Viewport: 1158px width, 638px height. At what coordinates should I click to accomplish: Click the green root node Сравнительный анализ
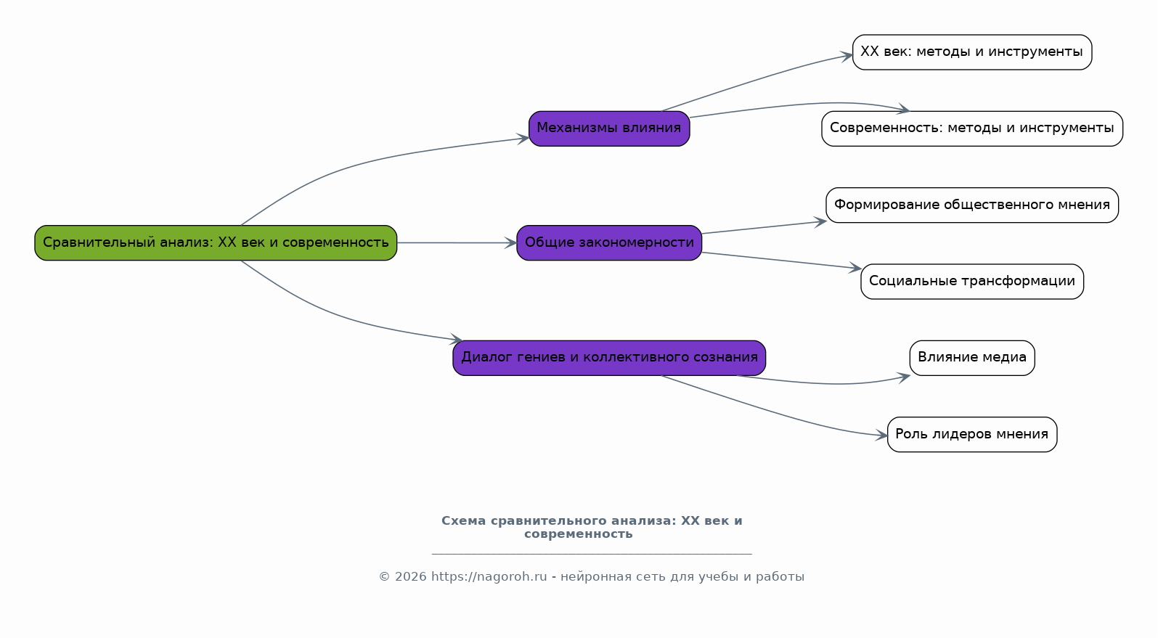tap(216, 242)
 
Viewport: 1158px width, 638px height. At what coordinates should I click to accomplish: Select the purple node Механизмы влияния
tap(609, 128)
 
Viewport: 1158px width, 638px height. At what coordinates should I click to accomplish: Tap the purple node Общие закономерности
tap(609, 242)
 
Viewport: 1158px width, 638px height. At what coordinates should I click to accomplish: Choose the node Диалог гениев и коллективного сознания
tap(609, 358)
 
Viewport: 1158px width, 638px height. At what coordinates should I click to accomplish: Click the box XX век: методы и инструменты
tap(972, 52)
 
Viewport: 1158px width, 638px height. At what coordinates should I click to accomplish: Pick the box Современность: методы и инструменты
tap(972, 128)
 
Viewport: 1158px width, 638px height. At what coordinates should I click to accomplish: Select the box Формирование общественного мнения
tap(972, 205)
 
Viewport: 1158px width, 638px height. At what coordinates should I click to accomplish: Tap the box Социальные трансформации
tap(972, 282)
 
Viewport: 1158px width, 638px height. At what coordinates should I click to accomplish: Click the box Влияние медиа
tap(972, 358)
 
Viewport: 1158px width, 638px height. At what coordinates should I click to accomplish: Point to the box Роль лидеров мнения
tap(972, 434)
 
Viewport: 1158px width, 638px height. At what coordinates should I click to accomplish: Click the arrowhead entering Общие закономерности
tap(511, 242)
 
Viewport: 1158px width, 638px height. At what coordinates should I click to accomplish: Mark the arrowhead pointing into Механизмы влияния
tap(523, 138)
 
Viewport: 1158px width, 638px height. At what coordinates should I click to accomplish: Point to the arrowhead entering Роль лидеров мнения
tap(881, 435)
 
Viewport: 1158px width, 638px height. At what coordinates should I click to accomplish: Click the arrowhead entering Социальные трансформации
tap(855, 267)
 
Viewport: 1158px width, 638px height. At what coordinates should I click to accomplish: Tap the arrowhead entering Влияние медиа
tap(904, 377)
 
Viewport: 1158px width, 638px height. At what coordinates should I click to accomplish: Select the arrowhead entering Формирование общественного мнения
tap(820, 222)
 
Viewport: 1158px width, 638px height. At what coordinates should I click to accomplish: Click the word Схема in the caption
tap(464, 520)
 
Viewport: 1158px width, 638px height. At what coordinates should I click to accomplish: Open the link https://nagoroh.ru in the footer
tap(489, 576)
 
